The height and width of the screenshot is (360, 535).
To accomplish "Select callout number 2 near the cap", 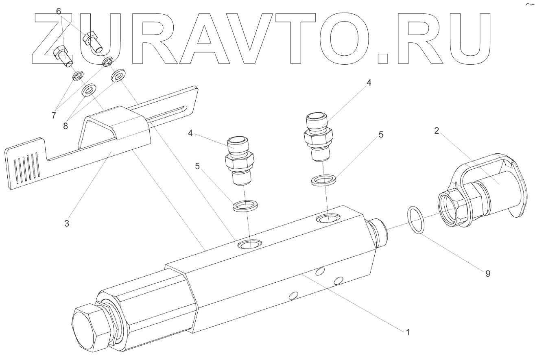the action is click(x=436, y=131).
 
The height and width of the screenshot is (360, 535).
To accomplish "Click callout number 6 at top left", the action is click(x=59, y=11).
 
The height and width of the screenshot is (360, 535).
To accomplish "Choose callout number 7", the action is click(x=54, y=116).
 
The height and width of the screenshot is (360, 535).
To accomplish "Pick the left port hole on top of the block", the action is click(x=250, y=244).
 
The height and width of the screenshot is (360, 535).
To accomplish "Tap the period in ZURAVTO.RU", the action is click(x=383, y=58).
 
